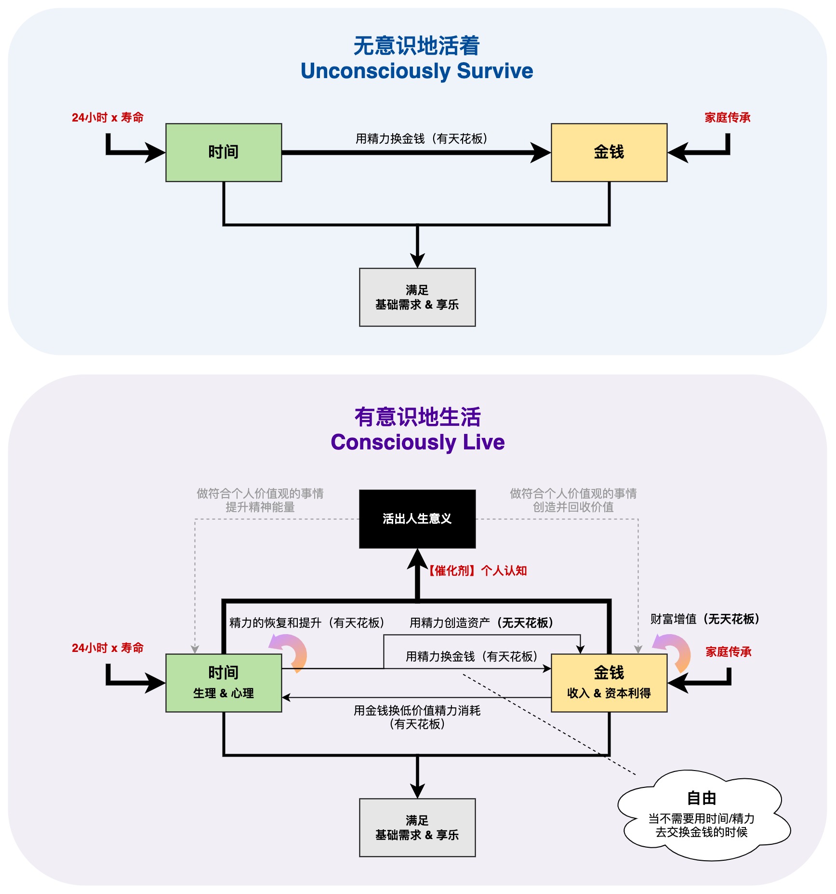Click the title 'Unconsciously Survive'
click(x=417, y=71)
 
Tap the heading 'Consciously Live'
click(x=417, y=442)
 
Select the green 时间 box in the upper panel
click(x=224, y=152)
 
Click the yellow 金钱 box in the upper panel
click(x=609, y=152)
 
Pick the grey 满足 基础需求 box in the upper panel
click(x=417, y=297)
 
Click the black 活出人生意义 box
click(x=417, y=519)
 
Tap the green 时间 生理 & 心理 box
click(x=224, y=683)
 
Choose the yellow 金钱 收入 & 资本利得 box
click(x=609, y=683)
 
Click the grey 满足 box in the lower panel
click(x=417, y=827)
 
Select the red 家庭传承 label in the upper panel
click(x=728, y=118)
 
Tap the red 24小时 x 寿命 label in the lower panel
click(x=108, y=648)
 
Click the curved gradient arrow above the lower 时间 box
click(x=291, y=651)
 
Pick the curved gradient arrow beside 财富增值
click(x=675, y=651)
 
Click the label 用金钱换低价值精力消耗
click(x=417, y=711)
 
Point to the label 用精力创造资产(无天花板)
click(x=481, y=623)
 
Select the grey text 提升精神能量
click(x=260, y=507)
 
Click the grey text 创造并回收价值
click(x=573, y=507)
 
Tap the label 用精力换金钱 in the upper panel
click(x=421, y=139)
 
